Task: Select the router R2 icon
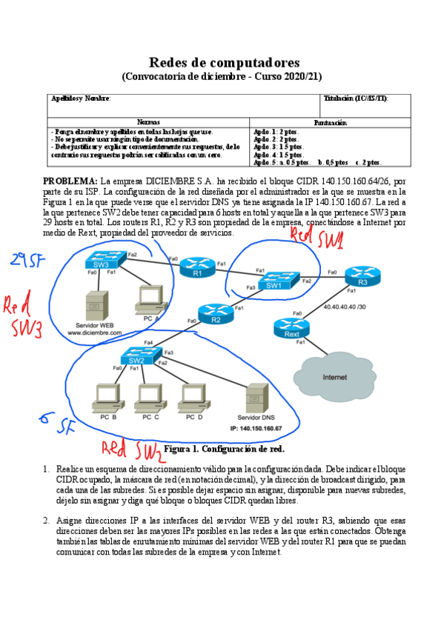[215, 312]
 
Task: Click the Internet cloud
[334, 376]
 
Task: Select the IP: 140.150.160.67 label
[256, 429]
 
